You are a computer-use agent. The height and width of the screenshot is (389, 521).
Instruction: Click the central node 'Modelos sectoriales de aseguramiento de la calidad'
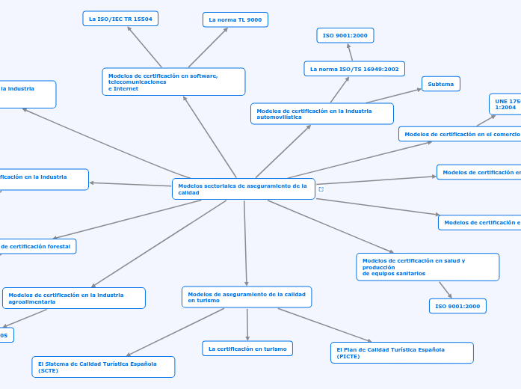point(243,189)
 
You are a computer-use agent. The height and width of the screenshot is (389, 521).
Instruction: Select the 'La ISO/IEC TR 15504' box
point(120,19)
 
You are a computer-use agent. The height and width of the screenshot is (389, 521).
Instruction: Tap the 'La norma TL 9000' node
point(235,19)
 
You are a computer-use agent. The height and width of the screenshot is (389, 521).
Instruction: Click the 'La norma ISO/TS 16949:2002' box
point(354,69)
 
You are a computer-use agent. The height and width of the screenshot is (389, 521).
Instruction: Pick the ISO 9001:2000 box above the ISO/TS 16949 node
point(345,35)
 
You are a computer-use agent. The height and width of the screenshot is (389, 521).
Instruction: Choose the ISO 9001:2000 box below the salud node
point(457,306)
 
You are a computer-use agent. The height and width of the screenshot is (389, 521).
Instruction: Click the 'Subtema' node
point(441,84)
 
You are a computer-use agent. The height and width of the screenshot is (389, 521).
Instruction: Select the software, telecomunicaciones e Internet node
point(173,82)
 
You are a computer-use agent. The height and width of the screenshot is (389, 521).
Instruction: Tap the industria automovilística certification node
point(321,114)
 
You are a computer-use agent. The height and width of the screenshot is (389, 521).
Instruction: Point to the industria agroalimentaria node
point(73,298)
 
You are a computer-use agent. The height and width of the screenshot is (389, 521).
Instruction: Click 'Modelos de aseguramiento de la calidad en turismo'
point(247,297)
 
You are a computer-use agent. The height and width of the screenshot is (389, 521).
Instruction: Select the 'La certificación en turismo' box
point(247,349)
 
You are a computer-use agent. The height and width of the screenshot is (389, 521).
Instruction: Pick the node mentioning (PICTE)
point(401,352)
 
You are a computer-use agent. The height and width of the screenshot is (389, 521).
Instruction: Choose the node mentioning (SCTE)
point(103,367)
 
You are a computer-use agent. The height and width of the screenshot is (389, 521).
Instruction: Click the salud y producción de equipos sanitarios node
point(428,266)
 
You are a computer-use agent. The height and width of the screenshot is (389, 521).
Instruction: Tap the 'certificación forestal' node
point(37,246)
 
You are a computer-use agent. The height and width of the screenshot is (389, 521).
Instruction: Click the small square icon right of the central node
point(321,189)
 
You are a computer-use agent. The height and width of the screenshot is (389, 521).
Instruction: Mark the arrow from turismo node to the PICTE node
point(325,325)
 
